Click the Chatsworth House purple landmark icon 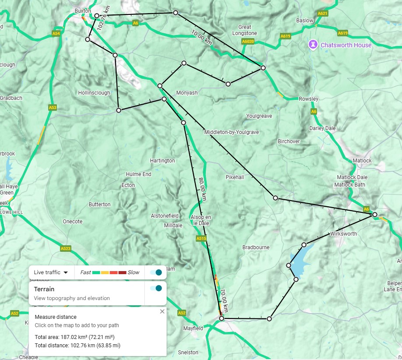[314, 44]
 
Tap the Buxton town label [82, 11]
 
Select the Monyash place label [187, 93]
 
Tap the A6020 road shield [248, 41]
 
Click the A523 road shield [66, 248]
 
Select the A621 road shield [322, 14]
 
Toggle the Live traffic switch [155, 272]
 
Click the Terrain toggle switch [155, 288]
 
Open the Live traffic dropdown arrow [66, 272]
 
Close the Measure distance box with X [162, 311]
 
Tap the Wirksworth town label [344, 234]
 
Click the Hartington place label [162, 161]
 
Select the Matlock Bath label [350, 185]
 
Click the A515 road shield [201, 239]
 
